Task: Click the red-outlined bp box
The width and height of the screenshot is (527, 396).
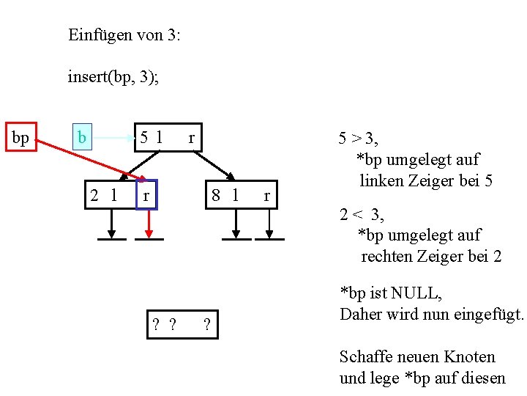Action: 20,138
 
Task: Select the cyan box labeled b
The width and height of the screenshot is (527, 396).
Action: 82,137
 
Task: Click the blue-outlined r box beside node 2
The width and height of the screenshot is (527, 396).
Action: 147,195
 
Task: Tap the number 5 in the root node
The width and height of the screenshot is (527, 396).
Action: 145,137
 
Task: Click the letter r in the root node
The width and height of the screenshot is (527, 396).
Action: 192,137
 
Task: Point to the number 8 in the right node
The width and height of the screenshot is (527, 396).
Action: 217,195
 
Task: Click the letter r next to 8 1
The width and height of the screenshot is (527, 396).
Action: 266,195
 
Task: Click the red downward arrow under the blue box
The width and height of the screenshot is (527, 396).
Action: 149,223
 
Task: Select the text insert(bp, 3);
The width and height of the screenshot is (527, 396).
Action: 113,76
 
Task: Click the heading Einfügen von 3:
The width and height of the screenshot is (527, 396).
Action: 124,34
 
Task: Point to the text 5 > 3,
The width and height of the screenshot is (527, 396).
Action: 363,138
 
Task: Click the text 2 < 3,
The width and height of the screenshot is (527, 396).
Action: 362,215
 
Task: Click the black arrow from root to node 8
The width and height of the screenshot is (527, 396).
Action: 217,164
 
